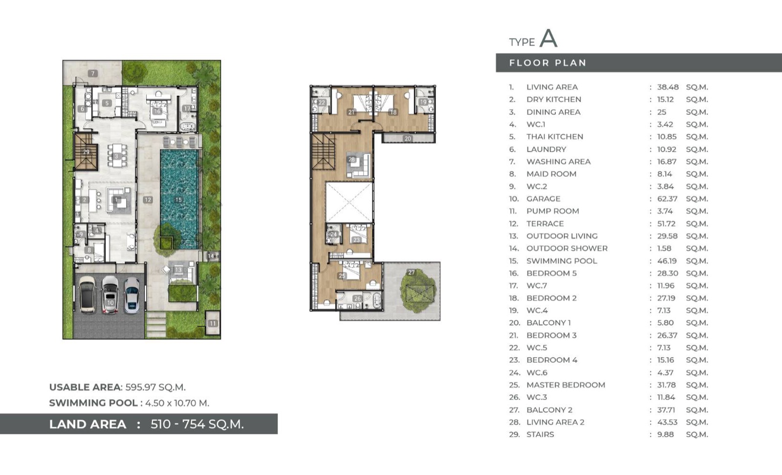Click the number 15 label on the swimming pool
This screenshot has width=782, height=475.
click(x=178, y=200)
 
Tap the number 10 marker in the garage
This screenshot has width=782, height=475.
click(x=110, y=303)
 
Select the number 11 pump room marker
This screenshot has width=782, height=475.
click(x=213, y=323)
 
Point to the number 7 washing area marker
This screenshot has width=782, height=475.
click(x=92, y=73)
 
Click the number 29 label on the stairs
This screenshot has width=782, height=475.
click(x=86, y=152)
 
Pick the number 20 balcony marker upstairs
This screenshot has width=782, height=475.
click(x=408, y=139)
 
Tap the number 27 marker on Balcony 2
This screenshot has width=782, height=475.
click(x=412, y=272)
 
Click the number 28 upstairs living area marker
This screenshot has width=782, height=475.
click(x=351, y=159)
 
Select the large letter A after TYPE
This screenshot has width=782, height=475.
click(x=548, y=39)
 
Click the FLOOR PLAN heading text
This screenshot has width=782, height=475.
click(x=547, y=63)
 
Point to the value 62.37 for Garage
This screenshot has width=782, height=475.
click(x=667, y=199)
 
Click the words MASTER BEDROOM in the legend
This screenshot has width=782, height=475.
click(x=566, y=385)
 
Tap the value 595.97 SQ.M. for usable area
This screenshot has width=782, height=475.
click(x=155, y=387)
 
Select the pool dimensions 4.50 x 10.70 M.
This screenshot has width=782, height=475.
click(x=177, y=403)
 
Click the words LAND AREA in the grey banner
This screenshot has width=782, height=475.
click(x=87, y=424)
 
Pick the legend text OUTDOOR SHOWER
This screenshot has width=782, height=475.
click(x=567, y=249)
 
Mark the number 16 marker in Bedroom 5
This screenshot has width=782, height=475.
click(x=157, y=111)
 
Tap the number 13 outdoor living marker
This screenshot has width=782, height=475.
click(x=178, y=270)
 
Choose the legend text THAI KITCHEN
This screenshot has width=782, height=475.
click(x=555, y=136)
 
